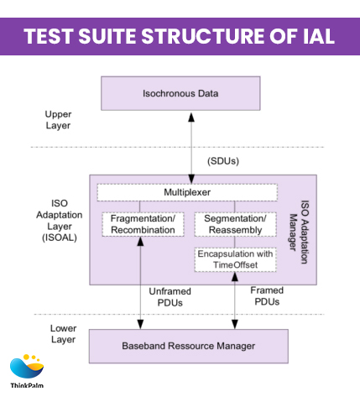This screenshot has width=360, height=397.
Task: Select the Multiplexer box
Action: tap(186, 193)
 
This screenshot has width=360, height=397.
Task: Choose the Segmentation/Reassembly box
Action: tap(235, 224)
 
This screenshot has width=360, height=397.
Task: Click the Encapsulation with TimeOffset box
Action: tap(235, 259)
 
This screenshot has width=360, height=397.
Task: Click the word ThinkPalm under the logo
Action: tap(28, 387)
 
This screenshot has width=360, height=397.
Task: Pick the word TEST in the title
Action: tap(50, 36)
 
